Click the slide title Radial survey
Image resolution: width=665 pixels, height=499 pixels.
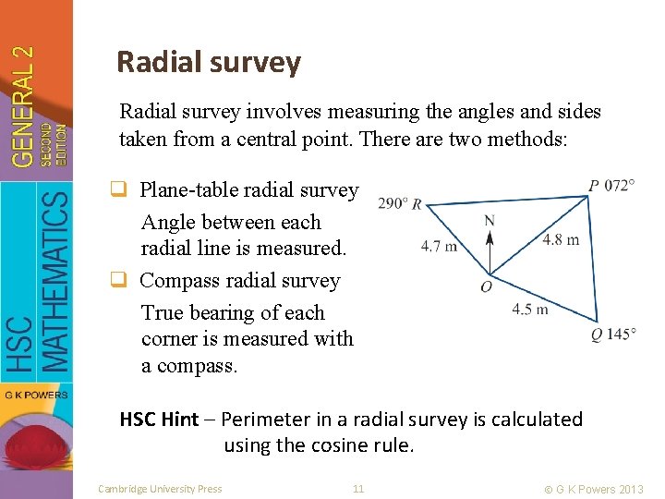[209, 62]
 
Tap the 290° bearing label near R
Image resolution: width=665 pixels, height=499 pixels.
[393, 203]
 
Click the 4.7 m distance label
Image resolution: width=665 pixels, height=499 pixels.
[439, 246]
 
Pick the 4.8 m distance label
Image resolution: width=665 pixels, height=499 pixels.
[561, 239]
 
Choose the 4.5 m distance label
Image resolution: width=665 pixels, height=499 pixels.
[530, 309]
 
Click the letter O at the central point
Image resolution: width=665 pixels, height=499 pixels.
[486, 287]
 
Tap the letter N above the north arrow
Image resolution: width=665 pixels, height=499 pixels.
[490, 220]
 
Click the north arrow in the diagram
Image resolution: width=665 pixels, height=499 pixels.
[490, 249]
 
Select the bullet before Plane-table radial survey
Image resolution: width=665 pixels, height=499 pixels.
[127, 190]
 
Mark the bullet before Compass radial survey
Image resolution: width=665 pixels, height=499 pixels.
[127, 281]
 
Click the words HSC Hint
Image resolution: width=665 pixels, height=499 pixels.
[159, 420]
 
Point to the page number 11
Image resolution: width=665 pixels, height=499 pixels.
[358, 488]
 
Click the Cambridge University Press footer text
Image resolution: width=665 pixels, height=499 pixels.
[160, 488]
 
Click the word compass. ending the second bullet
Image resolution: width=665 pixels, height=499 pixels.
[189, 365]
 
